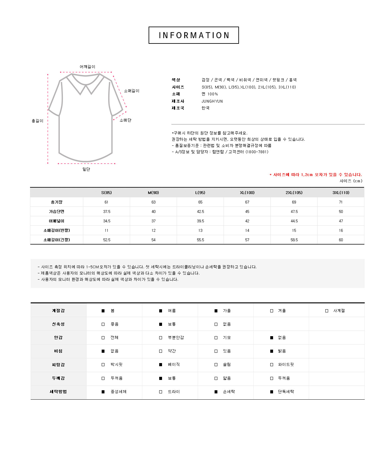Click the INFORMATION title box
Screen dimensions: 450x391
pyautogui.click(x=194, y=35)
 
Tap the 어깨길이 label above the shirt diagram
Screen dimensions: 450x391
pyautogui.click(x=87, y=67)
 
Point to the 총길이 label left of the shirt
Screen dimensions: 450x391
pyautogui.click(x=38, y=121)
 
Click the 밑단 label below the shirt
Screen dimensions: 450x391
pyautogui.click(x=86, y=169)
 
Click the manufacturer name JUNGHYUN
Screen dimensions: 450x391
pyautogui.click(x=212, y=101)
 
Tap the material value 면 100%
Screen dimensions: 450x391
pyautogui.click(x=210, y=94)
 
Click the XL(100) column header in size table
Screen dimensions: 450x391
pyautogui.click(x=247, y=193)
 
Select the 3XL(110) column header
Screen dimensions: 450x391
pyautogui.click(x=341, y=193)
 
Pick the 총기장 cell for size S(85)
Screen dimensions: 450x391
pyautogui.click(x=106, y=202)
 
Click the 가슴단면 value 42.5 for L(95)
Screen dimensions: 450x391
pyautogui.click(x=200, y=212)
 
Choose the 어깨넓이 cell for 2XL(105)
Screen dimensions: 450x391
pyautogui.click(x=294, y=221)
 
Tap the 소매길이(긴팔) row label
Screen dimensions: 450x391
pyautogui.click(x=57, y=240)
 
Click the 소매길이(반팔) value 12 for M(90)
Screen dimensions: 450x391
pyautogui.click(x=153, y=230)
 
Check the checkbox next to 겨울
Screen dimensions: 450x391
pyautogui.click(x=272, y=311)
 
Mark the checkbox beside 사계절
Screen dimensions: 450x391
pyautogui.click(x=327, y=311)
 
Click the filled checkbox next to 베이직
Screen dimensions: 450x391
pyautogui.click(x=160, y=365)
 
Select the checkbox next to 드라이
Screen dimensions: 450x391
pyautogui.click(x=160, y=392)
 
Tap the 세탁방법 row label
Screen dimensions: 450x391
pyautogui.click(x=58, y=392)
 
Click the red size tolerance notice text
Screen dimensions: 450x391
pyautogui.click(x=316, y=175)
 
